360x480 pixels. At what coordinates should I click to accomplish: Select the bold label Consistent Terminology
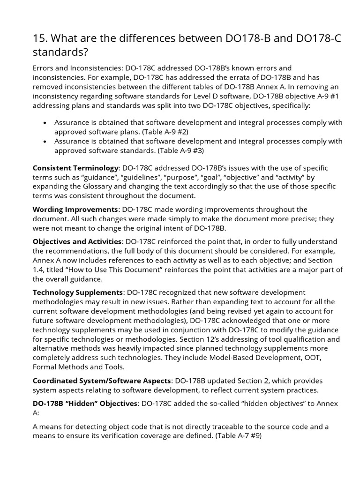pos(75,168)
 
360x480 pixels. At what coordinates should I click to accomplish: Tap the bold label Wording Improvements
pos(75,209)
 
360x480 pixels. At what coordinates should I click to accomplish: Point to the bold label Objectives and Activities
pos(77,241)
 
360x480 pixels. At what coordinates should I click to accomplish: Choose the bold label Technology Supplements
pos(78,292)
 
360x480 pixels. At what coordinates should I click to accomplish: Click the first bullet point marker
pos(45,123)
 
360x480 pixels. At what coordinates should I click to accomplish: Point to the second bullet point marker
pos(45,142)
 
